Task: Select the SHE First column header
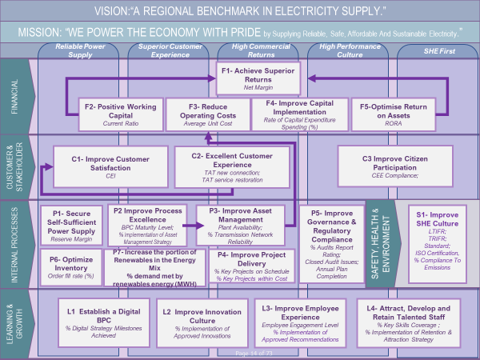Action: click(437, 50)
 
